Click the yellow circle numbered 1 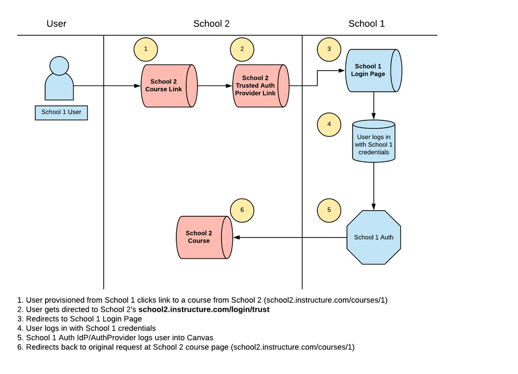(x=146, y=49)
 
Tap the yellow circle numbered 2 (x=243, y=49)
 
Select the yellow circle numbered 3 (x=329, y=49)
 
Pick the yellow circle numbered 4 (x=329, y=124)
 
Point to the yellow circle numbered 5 (x=329, y=211)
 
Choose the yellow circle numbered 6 (x=243, y=211)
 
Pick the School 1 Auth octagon (x=373, y=237)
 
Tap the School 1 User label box (x=61, y=112)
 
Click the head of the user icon (x=59, y=65)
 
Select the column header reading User (x=57, y=23)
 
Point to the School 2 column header (x=211, y=23)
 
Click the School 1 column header (x=367, y=23)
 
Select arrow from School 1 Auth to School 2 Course (x=290, y=237)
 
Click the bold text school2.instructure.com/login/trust (x=204, y=309)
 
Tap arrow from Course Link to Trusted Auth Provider (x=214, y=86)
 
